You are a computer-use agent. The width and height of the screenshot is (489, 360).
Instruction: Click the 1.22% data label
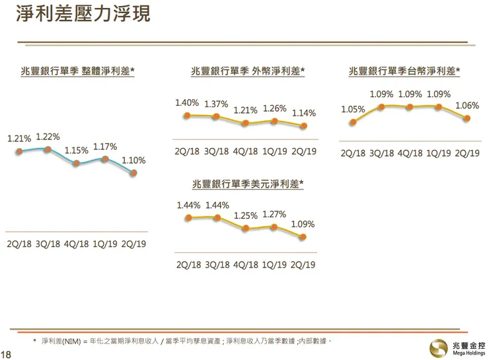tap(48, 137)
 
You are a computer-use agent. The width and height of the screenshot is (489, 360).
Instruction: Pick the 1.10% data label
tap(133, 161)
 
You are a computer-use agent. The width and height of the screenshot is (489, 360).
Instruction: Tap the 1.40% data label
tap(187, 102)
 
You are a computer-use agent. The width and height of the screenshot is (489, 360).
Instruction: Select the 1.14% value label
tap(304, 113)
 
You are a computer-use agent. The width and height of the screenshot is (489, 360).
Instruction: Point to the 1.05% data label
tap(354, 110)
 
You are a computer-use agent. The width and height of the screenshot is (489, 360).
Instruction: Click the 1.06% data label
tap(467, 106)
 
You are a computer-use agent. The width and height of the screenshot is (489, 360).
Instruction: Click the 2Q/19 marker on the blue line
tap(133, 173)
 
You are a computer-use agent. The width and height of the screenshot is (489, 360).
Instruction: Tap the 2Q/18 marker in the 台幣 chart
tap(353, 122)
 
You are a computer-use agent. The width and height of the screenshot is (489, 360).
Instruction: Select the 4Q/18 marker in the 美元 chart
tap(246, 229)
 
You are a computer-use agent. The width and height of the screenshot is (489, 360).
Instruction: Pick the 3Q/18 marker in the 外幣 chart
tap(216, 116)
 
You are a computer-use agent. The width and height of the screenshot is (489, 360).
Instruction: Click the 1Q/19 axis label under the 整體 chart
tap(105, 243)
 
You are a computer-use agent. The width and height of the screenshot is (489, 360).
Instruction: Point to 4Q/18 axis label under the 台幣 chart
tap(410, 153)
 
